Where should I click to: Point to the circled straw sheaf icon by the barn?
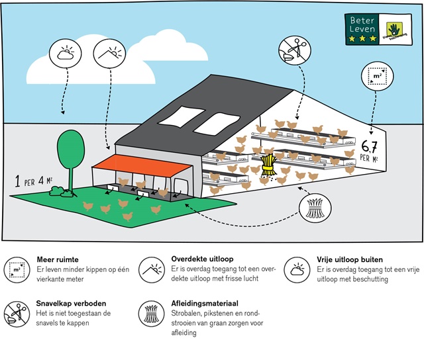click(x=316, y=208)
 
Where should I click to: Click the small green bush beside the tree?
click(x=57, y=191)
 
